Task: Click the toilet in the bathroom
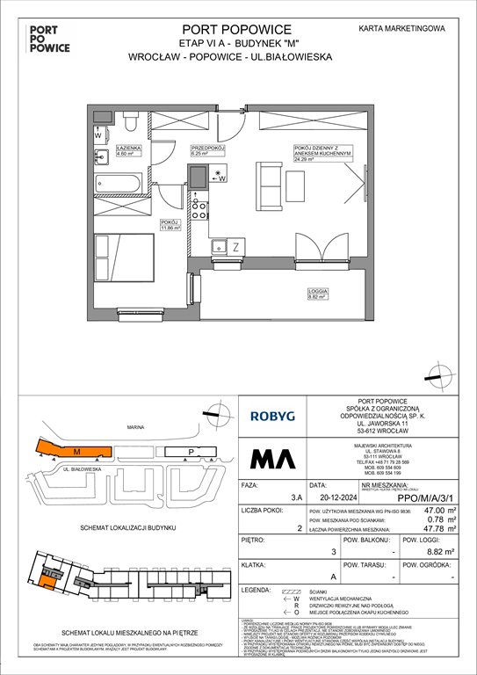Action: (x=130, y=120)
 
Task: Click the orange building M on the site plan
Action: (x=76, y=452)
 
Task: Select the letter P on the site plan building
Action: (x=192, y=454)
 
